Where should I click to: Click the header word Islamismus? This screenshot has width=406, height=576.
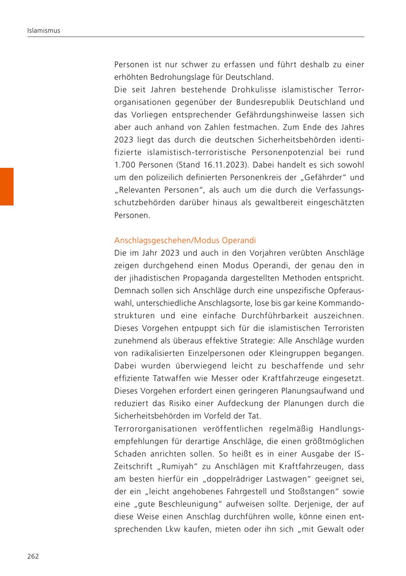(x=43, y=31)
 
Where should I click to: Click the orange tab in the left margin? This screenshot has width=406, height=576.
(x=7, y=186)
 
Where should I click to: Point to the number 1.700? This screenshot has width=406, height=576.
(x=125, y=165)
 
